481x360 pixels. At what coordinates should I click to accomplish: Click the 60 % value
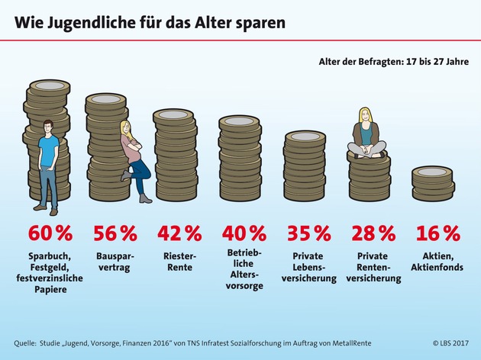50,232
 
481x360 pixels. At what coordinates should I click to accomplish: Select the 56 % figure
115,232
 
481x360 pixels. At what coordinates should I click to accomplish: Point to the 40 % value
244,232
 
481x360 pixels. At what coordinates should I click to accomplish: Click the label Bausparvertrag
115,263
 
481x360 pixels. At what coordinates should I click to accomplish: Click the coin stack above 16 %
432,183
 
